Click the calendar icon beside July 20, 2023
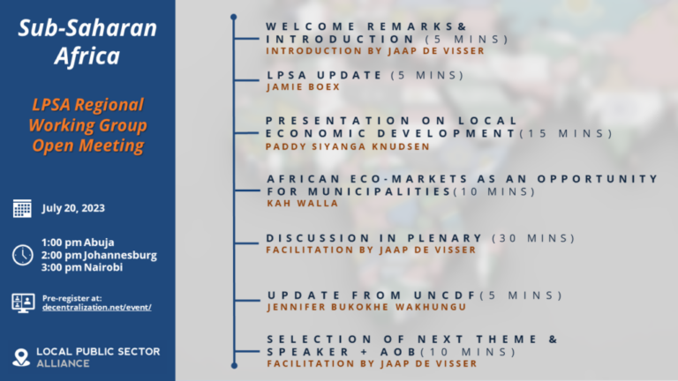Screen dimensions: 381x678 click(22, 209)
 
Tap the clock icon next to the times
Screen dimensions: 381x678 click(22, 255)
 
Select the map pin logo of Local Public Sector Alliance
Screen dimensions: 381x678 click(21, 357)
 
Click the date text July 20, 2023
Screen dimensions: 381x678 click(72, 209)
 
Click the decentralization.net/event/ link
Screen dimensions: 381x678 click(96, 307)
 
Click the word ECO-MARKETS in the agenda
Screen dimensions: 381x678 click(397, 178)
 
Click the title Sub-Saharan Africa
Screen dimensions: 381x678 click(87, 43)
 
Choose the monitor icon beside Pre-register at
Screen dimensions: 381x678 click(22, 302)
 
